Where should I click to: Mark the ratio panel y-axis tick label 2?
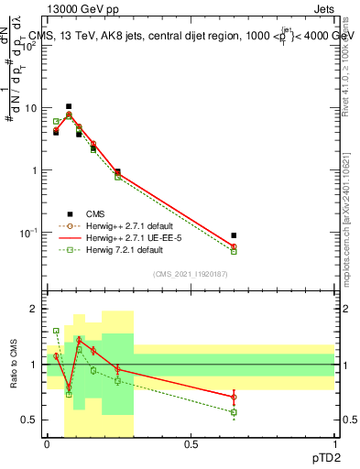pos(35,310)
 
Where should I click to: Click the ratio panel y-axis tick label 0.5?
pos(30,420)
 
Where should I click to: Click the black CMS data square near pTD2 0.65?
pos(234,235)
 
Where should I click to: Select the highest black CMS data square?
pos(69,106)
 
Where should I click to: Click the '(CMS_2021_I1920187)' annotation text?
pos(191,274)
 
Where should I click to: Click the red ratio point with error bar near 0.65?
pos(234,397)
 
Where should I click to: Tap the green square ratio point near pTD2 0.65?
pos(234,412)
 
